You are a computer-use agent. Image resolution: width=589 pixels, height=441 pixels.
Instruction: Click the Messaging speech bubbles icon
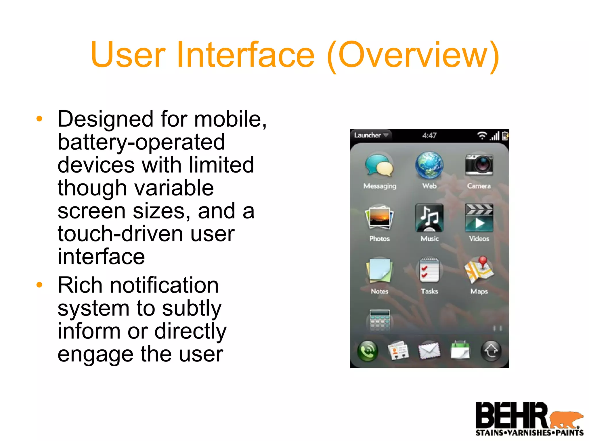[x=379, y=165]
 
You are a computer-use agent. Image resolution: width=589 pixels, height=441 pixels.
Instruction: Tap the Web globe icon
[x=429, y=165]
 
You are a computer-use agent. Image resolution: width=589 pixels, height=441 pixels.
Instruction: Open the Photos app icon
[x=379, y=217]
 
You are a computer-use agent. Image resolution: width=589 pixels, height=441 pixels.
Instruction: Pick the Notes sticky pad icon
[x=379, y=270]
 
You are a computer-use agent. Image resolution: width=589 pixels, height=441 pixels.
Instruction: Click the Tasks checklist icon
[x=429, y=270]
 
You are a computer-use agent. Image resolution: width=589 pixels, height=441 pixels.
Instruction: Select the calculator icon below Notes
[x=380, y=320]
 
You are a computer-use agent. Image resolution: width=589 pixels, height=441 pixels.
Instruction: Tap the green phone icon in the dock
[x=368, y=351]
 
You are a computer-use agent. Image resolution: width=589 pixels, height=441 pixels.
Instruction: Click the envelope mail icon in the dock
[x=429, y=351]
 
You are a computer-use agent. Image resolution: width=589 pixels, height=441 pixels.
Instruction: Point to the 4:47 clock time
[x=429, y=136]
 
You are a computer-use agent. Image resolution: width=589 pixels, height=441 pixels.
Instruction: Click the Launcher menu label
[x=368, y=135]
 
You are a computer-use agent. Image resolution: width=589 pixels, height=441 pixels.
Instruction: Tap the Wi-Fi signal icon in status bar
[x=482, y=135]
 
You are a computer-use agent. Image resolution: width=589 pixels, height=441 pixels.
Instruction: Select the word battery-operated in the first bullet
[x=141, y=142]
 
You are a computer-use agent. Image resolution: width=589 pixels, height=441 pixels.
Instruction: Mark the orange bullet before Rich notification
[x=39, y=285]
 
